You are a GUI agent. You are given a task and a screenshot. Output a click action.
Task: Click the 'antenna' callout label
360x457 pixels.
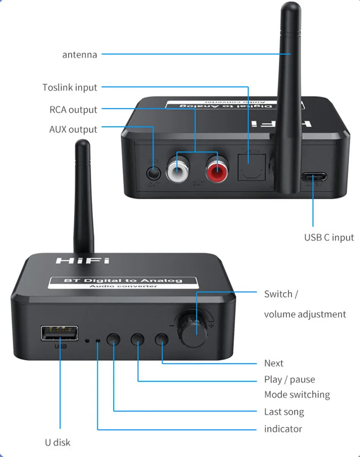[x=79, y=54]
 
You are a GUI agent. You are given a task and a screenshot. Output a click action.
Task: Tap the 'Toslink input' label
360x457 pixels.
[x=70, y=87]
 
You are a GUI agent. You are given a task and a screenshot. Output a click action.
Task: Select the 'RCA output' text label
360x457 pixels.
[x=73, y=110]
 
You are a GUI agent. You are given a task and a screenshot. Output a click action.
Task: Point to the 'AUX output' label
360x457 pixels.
[x=73, y=130]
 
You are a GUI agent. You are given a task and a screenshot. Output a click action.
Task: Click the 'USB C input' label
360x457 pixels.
[x=329, y=237]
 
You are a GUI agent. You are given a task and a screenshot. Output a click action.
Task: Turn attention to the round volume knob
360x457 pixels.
[x=193, y=331]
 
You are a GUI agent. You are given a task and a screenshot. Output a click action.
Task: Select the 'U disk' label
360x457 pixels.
[x=57, y=442]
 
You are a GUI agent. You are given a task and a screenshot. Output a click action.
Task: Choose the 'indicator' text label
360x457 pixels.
[x=283, y=428]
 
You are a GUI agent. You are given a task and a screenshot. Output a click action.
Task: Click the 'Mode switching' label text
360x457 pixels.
[x=297, y=395]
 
